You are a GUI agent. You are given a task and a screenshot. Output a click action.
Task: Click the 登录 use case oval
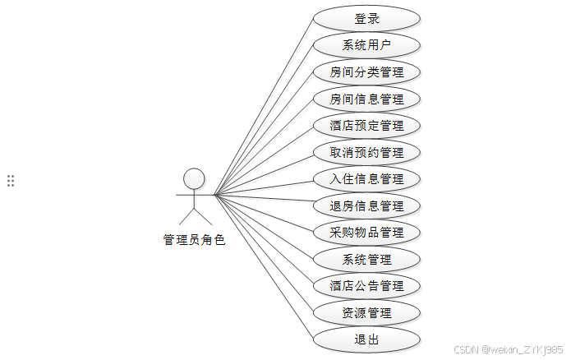tap(366, 18)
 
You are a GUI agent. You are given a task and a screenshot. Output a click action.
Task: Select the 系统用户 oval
tap(366, 45)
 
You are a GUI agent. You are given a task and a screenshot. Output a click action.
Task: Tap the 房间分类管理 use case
tap(366, 72)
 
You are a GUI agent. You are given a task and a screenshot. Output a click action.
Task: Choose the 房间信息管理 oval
tap(366, 99)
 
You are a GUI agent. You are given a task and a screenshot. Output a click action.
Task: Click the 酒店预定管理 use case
tap(366, 126)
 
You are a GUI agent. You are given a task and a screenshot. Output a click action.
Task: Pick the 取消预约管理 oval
tap(366, 152)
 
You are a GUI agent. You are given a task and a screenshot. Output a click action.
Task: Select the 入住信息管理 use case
tap(366, 178)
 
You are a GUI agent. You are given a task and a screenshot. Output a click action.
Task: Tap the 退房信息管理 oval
tap(366, 205)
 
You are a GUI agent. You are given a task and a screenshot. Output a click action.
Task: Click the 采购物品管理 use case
tap(366, 232)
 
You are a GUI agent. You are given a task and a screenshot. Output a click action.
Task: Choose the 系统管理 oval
tap(366, 259)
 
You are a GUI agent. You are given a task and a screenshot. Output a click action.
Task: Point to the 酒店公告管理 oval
tap(366, 286)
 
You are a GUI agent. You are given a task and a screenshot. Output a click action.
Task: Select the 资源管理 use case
tap(366, 312)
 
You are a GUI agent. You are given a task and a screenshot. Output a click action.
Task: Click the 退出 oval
tap(366, 339)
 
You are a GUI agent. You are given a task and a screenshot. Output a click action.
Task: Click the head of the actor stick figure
tap(194, 178)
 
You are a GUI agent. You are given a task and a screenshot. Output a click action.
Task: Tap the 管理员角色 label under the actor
tap(194, 240)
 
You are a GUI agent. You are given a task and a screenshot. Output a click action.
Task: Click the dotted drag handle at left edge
tap(11, 181)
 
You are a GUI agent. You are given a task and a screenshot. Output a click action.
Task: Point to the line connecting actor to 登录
tap(263, 107)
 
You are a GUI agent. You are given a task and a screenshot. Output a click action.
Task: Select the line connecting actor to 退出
tap(263, 266)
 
